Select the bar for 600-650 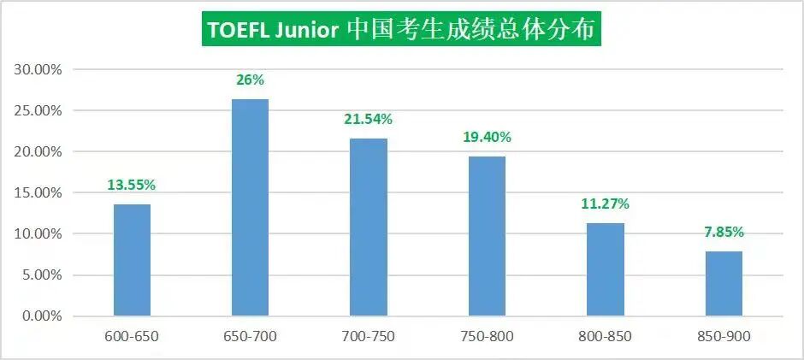(x=132, y=260)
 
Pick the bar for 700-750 (x=369, y=227)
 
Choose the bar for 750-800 (x=488, y=236)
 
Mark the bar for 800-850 (x=606, y=269)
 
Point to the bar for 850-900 (x=724, y=283)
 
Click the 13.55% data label (x=132, y=186)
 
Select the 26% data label (x=250, y=80)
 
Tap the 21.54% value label (x=369, y=120)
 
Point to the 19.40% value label (x=488, y=137)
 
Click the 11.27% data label (x=606, y=204)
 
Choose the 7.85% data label (x=724, y=232)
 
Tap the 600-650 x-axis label (x=132, y=336)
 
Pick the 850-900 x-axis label (x=724, y=336)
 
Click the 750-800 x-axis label (x=488, y=336)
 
